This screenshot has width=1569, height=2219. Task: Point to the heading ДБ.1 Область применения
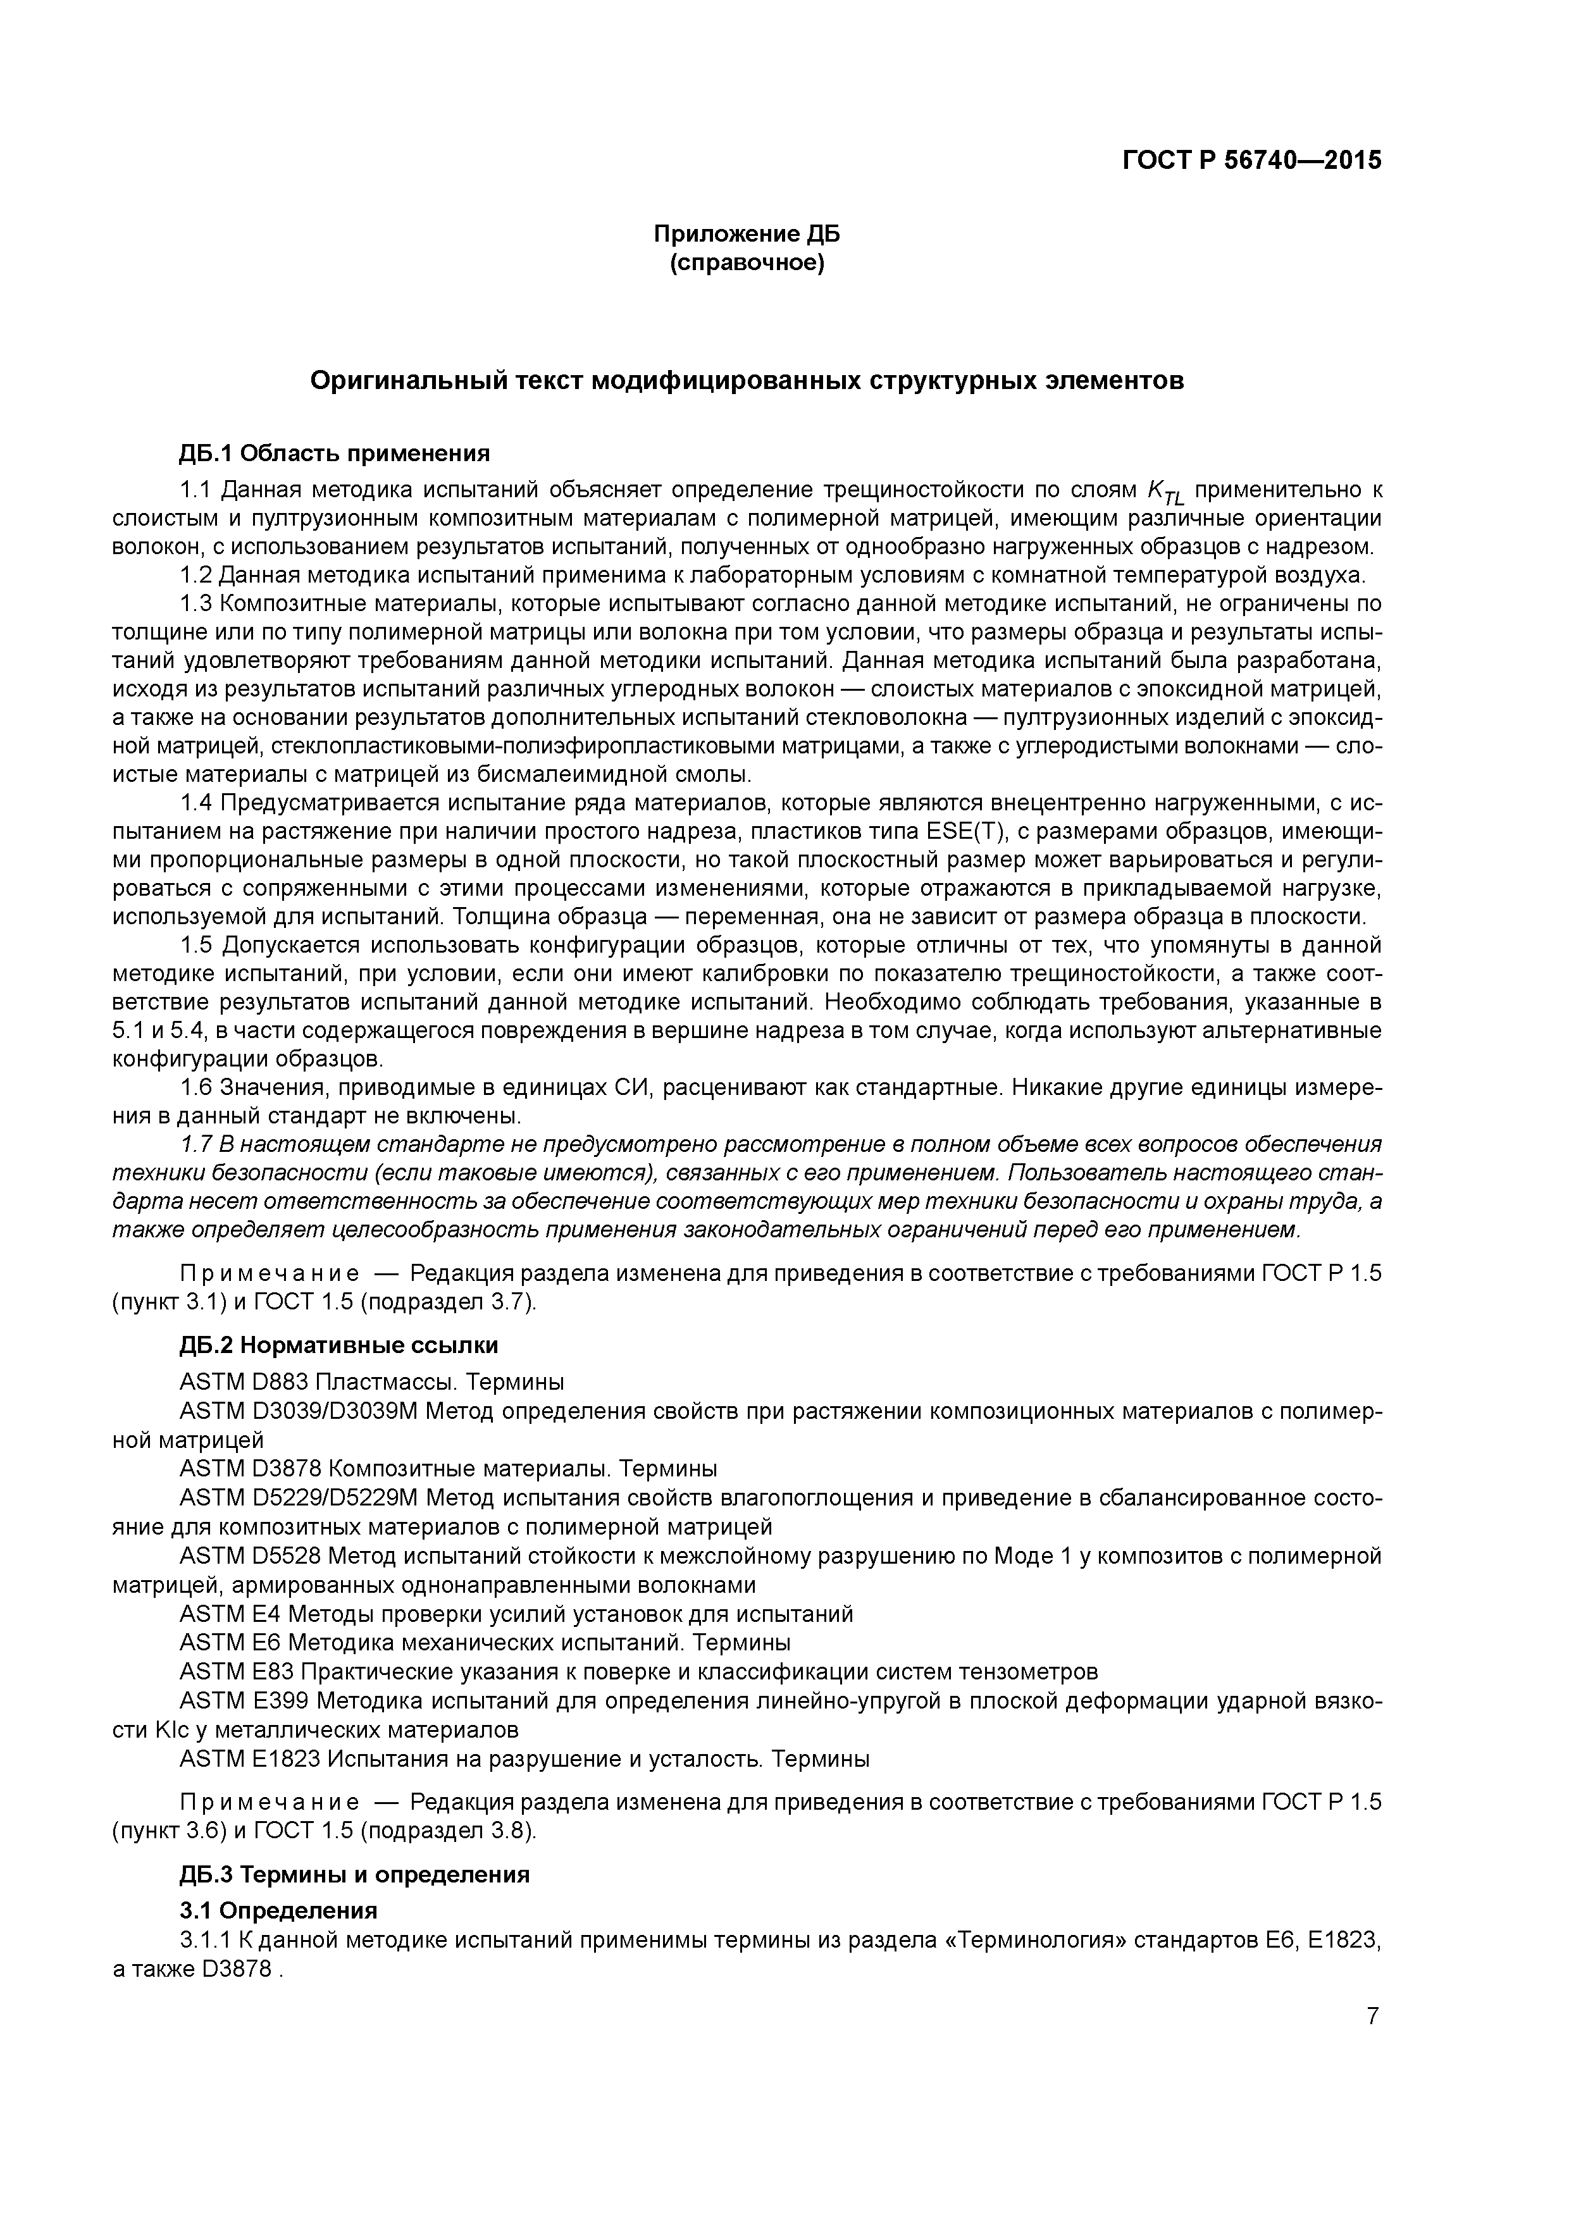click(x=335, y=454)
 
